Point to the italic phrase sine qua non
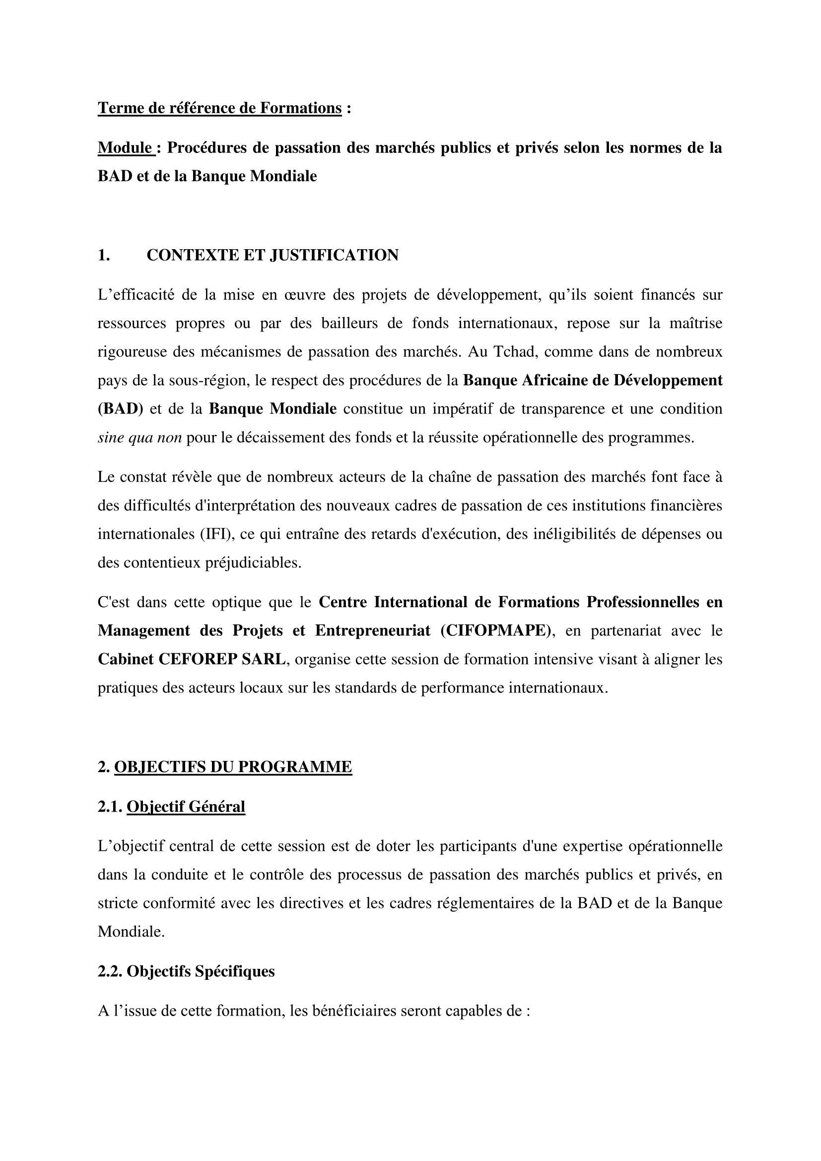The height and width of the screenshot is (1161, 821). coord(139,437)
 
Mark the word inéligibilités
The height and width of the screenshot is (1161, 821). coord(573,534)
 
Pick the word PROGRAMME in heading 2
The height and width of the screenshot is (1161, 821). coord(295,767)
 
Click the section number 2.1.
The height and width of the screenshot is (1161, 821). coord(110,807)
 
